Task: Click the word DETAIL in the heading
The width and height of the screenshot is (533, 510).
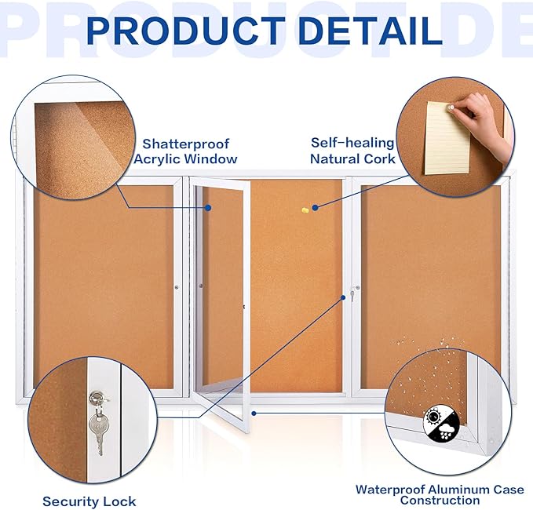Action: tap(367, 30)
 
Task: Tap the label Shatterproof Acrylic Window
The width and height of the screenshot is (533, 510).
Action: tap(185, 151)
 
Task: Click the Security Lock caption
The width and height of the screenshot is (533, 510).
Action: tap(89, 501)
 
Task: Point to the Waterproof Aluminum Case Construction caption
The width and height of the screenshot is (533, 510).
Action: tap(440, 494)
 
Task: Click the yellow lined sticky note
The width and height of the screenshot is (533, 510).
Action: tap(447, 137)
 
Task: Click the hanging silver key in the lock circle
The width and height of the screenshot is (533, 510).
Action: tap(98, 430)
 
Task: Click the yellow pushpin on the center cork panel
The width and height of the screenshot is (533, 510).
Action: tap(305, 209)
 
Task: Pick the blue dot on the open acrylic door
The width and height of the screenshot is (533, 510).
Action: tap(209, 208)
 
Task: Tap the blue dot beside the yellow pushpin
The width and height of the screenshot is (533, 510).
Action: tap(315, 208)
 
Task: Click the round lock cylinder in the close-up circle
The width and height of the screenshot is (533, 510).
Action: tap(97, 399)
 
